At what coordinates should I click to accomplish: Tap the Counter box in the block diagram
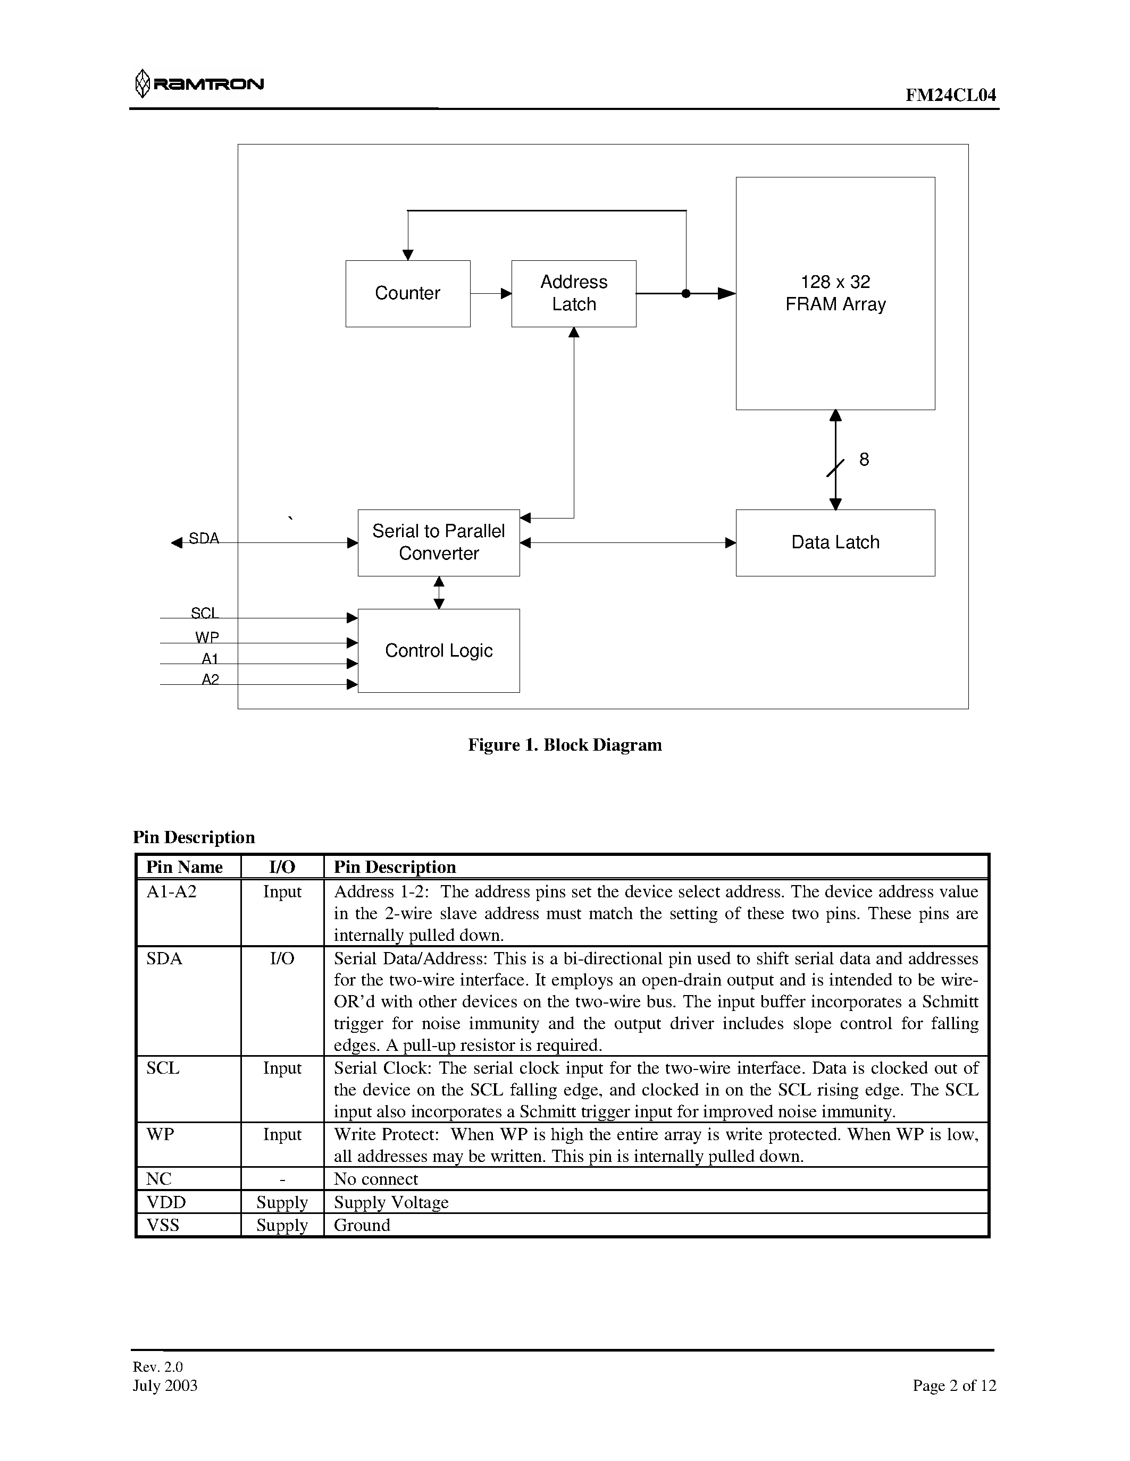tap(408, 293)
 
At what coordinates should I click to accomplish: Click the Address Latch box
tap(574, 293)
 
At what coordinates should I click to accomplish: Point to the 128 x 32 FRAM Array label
tap(835, 293)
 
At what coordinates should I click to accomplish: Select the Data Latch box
tap(835, 542)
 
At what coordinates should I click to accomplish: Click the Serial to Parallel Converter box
tap(439, 542)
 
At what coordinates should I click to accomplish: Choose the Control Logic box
tap(439, 650)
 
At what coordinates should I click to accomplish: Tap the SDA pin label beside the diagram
tap(204, 538)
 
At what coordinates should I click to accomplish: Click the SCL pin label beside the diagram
tap(204, 613)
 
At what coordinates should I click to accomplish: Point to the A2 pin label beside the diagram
tap(210, 679)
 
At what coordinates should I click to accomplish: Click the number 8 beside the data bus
tap(864, 460)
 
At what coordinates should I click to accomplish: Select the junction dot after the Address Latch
tap(685, 293)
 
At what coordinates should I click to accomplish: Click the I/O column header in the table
tap(282, 867)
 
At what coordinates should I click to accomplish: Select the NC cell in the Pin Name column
tap(158, 1179)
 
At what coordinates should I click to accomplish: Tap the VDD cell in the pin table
tap(166, 1202)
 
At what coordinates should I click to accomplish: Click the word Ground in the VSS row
tap(362, 1225)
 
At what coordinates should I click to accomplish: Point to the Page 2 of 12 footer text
tap(954, 1386)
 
